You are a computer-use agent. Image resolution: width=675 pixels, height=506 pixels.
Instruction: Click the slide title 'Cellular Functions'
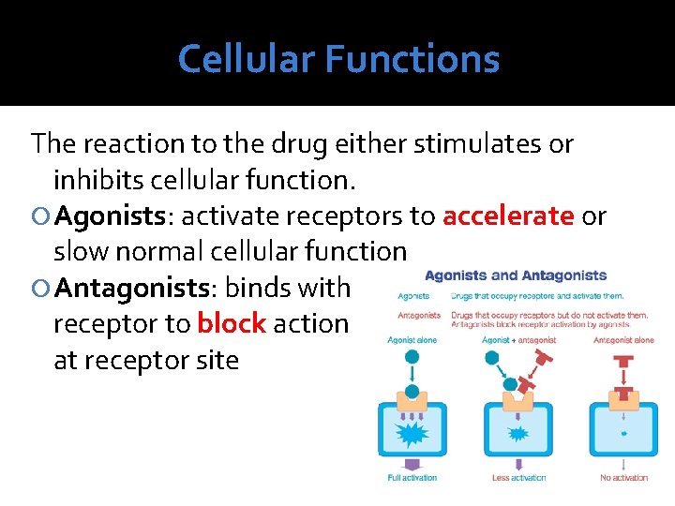tap(338, 59)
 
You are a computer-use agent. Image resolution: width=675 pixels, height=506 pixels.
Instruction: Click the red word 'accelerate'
tap(508, 216)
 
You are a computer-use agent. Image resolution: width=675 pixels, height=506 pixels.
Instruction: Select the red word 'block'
tap(232, 324)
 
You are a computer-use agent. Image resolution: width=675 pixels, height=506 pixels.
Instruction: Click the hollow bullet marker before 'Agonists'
tap(40, 217)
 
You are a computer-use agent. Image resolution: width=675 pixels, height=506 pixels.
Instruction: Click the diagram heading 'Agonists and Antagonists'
tap(516, 275)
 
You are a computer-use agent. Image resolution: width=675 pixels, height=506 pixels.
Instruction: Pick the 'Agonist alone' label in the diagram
tap(412, 340)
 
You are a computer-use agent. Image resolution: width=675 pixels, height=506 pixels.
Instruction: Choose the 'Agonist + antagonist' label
tap(518, 340)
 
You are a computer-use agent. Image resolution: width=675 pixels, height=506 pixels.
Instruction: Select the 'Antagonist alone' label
tap(623, 340)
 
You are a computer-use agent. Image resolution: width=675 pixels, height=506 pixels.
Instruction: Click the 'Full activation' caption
tap(412, 478)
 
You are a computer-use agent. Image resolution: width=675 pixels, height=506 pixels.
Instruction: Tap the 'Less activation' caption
tap(518, 478)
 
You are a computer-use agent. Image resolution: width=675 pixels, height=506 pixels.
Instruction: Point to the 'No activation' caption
tap(623, 478)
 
